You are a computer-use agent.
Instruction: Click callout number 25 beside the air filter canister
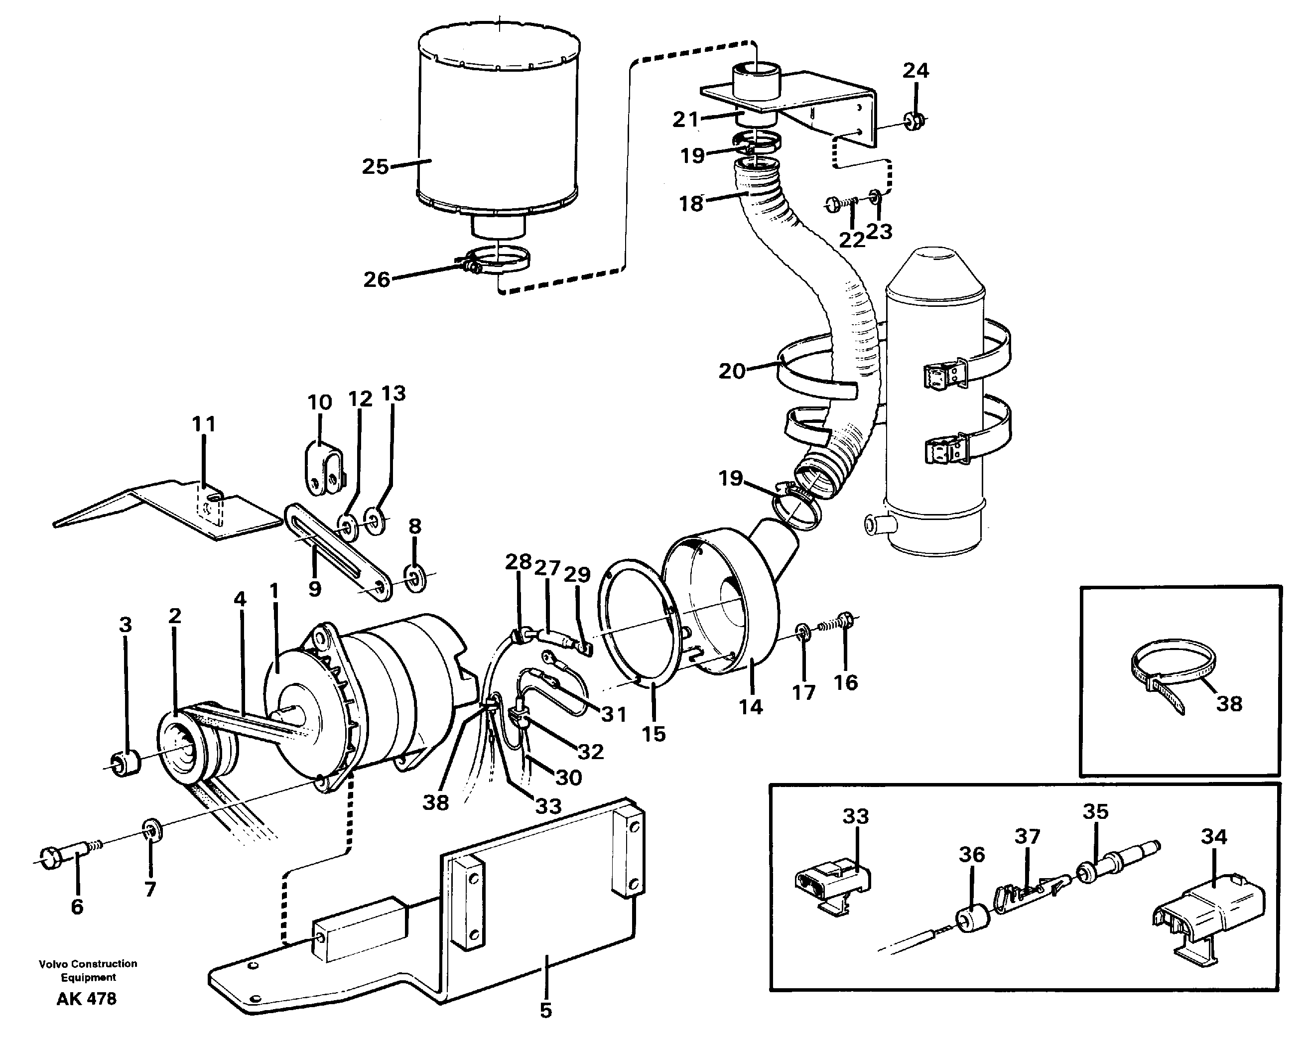click(x=375, y=166)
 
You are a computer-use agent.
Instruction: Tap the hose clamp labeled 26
click(x=503, y=261)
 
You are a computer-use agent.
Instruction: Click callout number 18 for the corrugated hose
click(x=690, y=203)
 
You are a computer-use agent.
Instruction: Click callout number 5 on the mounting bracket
click(x=545, y=1010)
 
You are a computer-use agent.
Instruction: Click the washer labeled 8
click(x=416, y=576)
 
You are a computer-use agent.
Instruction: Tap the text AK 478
click(x=86, y=999)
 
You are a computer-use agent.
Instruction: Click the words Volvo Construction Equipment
click(x=88, y=970)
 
